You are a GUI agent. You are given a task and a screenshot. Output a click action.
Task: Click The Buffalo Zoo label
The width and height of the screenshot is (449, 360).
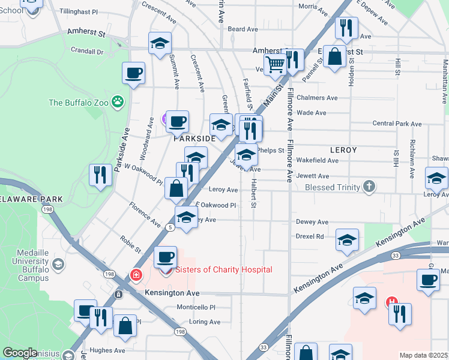click(78, 103)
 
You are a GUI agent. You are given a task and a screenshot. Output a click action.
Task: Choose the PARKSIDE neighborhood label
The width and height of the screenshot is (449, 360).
click(194, 139)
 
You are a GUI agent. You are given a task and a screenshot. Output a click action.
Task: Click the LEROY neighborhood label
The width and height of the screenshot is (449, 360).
click(343, 149)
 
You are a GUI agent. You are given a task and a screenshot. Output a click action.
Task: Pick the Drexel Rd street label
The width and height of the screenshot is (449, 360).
click(310, 236)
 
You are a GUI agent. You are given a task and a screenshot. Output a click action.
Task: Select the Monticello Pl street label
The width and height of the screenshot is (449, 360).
click(196, 307)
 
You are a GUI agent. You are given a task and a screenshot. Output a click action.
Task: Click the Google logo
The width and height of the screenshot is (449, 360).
click(20, 353)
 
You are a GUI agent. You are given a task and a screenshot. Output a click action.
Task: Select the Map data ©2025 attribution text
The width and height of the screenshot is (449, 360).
click(423, 355)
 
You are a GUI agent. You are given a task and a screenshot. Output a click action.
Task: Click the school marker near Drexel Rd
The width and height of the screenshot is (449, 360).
click(347, 240)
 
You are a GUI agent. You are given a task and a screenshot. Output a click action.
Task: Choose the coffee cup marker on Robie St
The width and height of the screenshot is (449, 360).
click(165, 257)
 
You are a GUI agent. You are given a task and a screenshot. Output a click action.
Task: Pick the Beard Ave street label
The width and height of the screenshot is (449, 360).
click(243, 29)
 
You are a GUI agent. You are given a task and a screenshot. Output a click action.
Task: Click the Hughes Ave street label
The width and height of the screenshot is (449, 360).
click(107, 350)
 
